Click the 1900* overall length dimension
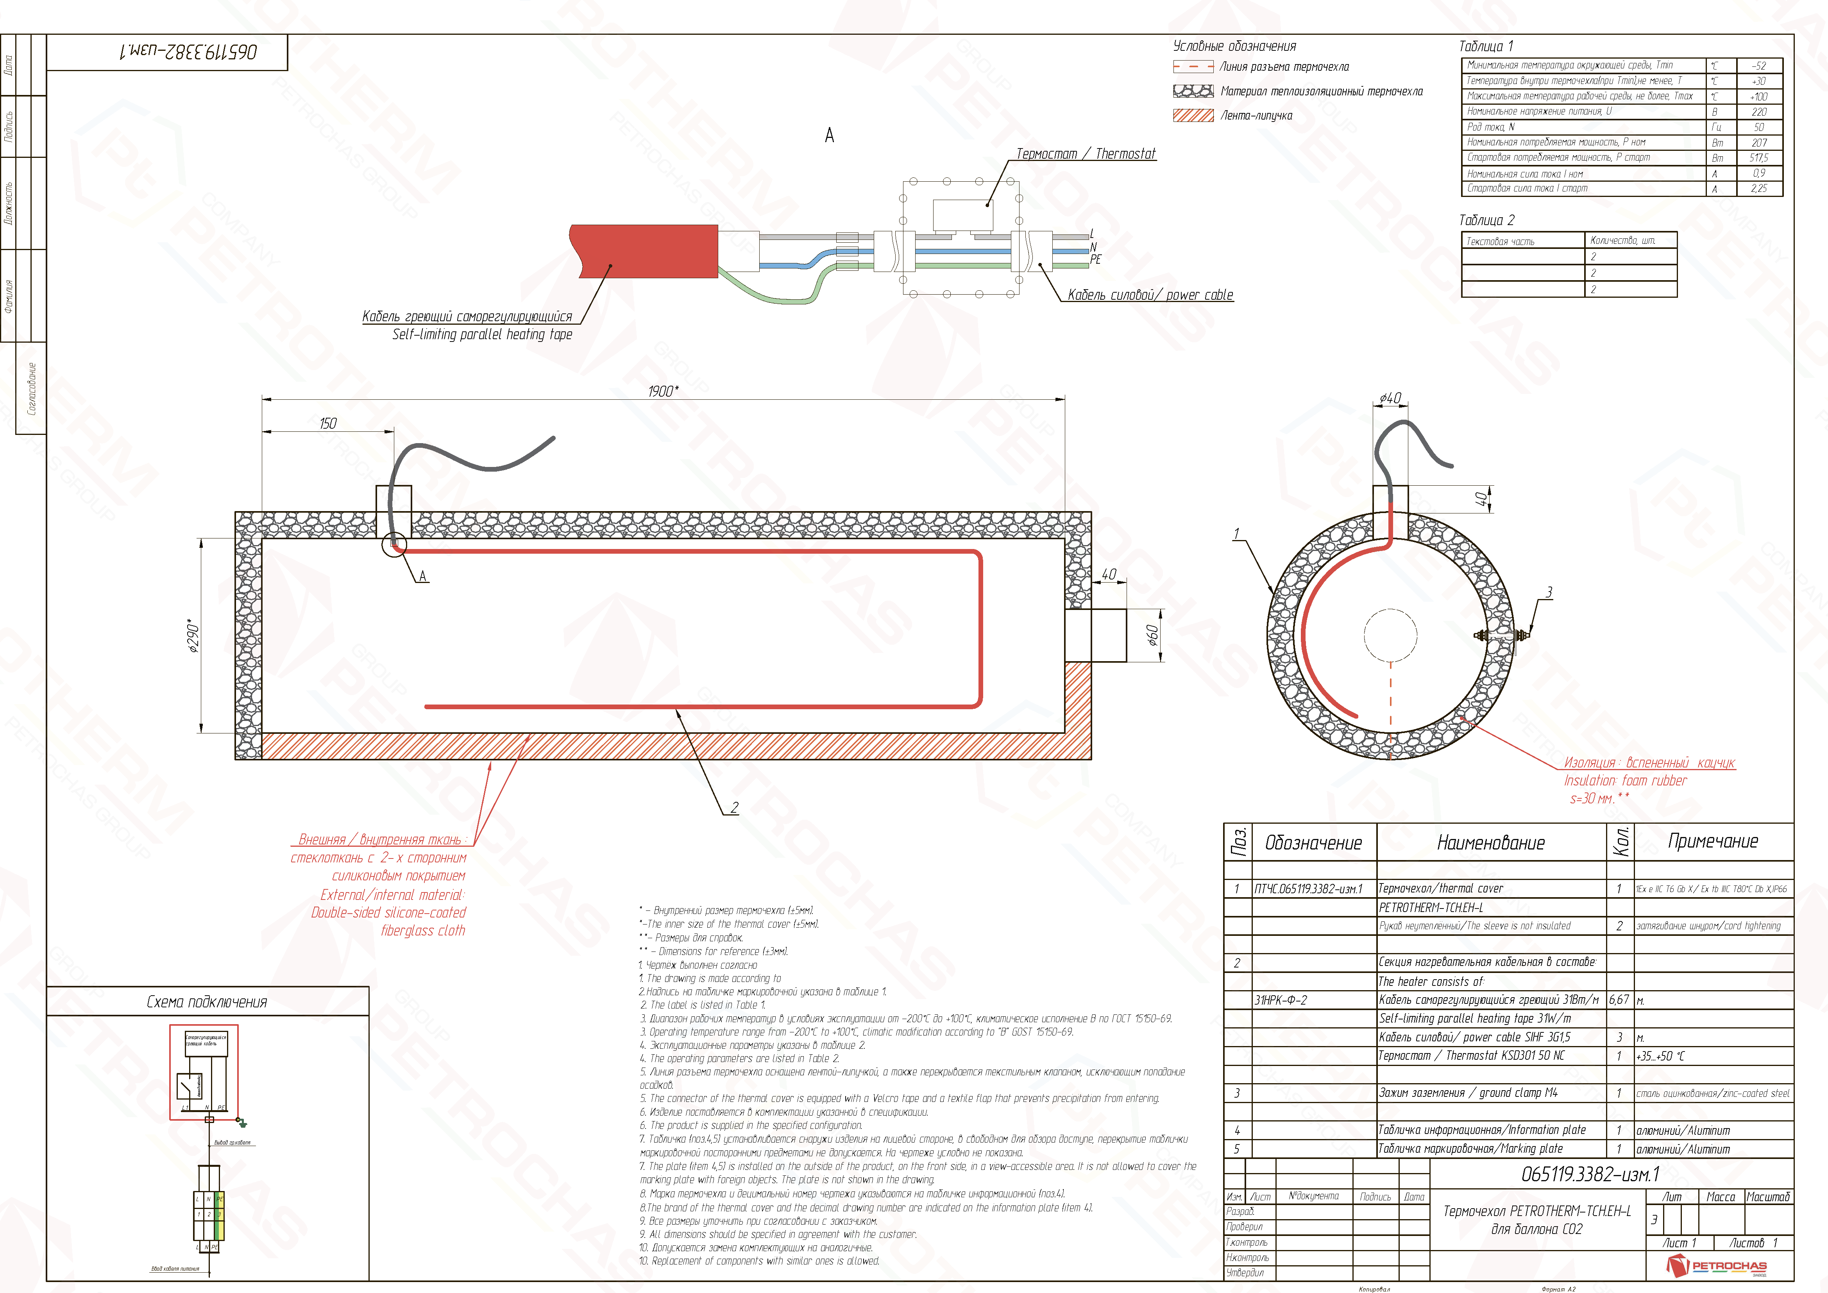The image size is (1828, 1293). (x=662, y=391)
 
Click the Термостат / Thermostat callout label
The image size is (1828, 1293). (x=1085, y=154)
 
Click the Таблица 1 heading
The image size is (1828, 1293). (x=1486, y=46)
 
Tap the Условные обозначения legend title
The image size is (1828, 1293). (x=1234, y=46)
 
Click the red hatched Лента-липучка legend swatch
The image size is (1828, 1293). (x=1193, y=115)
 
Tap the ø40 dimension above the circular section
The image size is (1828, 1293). (x=1390, y=398)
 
